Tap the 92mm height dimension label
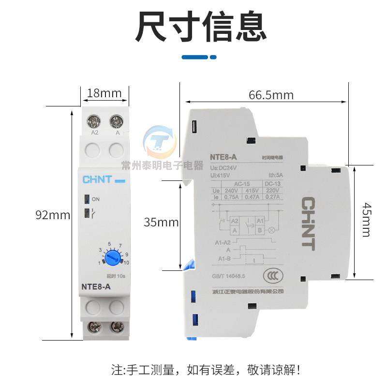[x=53, y=215]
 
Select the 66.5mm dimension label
[x=271, y=94]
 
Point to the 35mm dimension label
[x=161, y=223]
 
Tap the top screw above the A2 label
[x=94, y=121]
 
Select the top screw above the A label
[x=116, y=121]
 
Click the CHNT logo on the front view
[x=97, y=180]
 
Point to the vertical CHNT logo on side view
[x=309, y=223]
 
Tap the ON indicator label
[x=95, y=199]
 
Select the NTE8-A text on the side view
[x=223, y=157]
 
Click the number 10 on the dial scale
[x=126, y=263]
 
